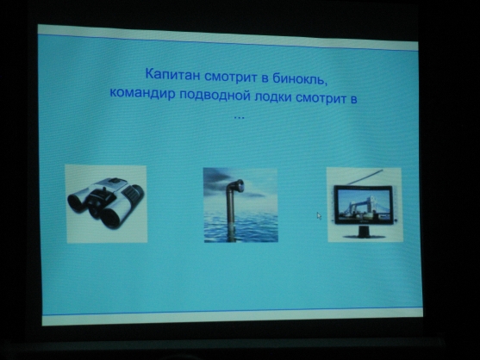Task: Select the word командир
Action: [142, 93]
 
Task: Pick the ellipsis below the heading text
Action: [239, 117]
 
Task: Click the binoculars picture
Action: [106, 204]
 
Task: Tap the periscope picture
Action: [240, 205]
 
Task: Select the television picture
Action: [365, 204]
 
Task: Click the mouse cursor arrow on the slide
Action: [319, 215]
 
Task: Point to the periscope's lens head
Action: [238, 185]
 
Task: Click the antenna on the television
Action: [365, 177]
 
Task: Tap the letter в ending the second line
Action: [353, 99]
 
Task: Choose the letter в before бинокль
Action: [265, 78]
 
